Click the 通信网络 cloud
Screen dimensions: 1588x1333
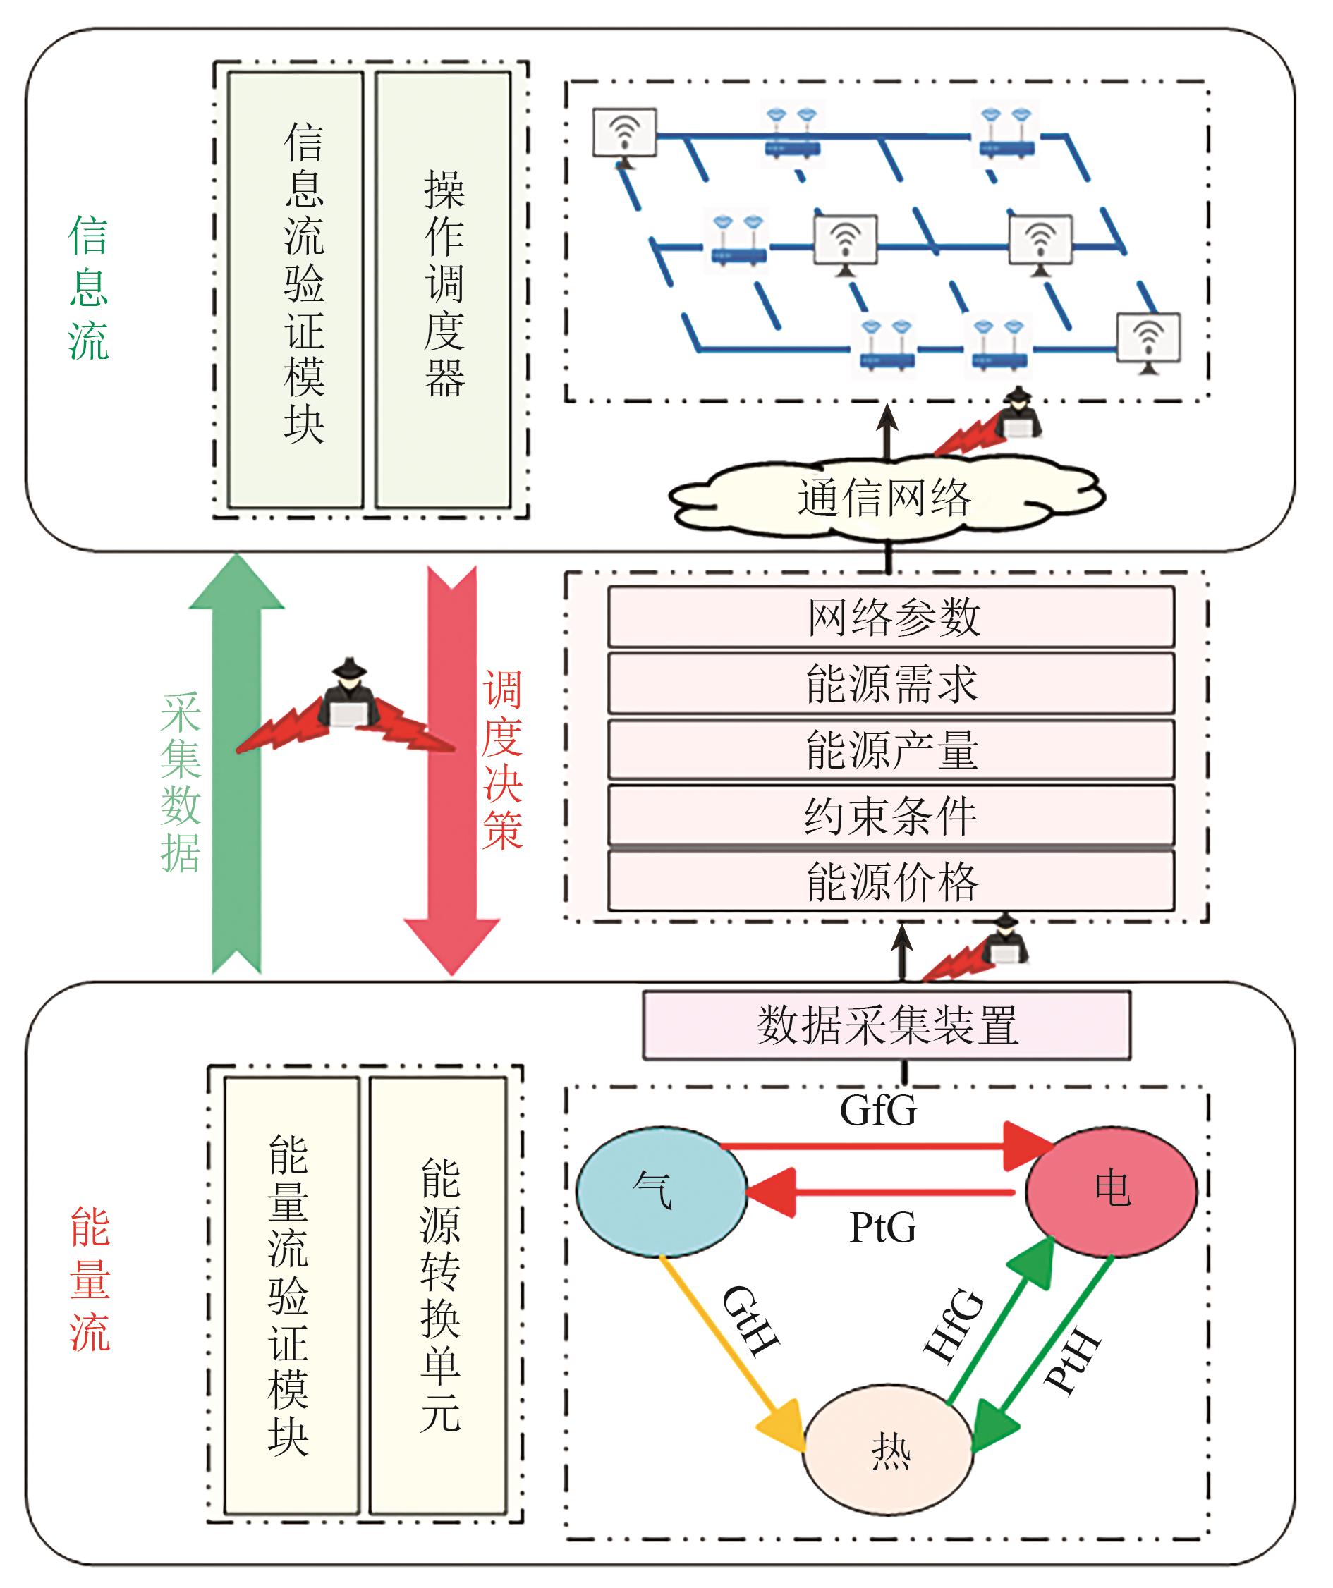click(885, 498)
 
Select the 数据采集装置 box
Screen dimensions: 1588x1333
click(887, 1025)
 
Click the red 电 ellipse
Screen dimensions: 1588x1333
click(1111, 1190)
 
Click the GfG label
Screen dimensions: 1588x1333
click(877, 1110)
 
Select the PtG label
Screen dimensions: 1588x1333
click(883, 1226)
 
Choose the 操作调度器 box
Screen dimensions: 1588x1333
click(444, 291)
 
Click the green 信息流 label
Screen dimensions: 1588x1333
click(88, 288)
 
